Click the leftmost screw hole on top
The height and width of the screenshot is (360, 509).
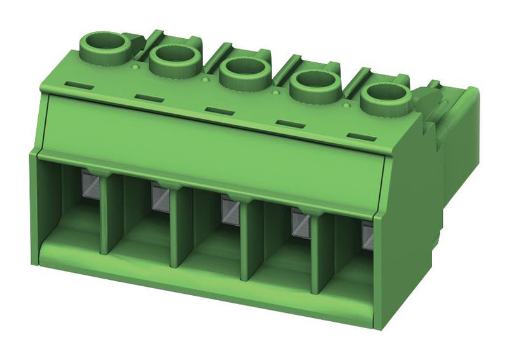coord(104,45)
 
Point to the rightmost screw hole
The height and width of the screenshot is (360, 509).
coord(384,97)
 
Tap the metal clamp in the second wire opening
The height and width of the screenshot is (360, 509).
coord(159,197)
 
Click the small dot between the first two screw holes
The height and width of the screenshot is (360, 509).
coord(135,66)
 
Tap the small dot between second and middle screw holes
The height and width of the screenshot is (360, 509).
coord(204,80)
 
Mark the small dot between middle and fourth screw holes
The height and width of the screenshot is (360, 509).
coord(275,92)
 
